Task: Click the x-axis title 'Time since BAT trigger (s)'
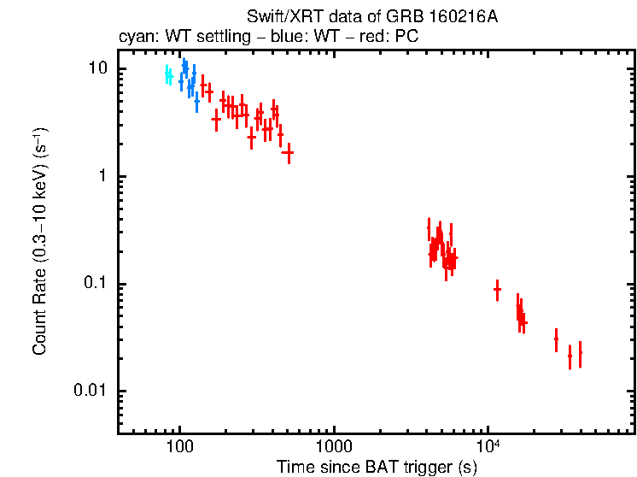pyautogui.click(x=377, y=467)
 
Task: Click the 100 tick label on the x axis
pyautogui.click(x=179, y=446)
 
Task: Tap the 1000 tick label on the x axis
pyautogui.click(x=333, y=446)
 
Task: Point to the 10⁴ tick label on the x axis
pyautogui.click(x=488, y=445)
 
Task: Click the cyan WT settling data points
pyautogui.click(x=168, y=76)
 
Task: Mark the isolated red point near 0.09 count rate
pyautogui.click(x=497, y=290)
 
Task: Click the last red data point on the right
pyautogui.click(x=580, y=352)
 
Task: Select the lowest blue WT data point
pyautogui.click(x=196, y=102)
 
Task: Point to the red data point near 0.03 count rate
pyautogui.click(x=556, y=339)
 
